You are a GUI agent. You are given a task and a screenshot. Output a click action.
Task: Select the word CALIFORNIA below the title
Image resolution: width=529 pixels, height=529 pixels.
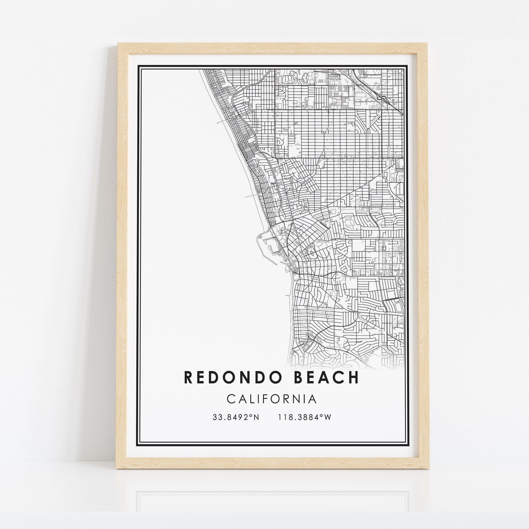tap(271, 399)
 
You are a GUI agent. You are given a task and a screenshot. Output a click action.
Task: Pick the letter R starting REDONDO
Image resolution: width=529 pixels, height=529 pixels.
tap(188, 377)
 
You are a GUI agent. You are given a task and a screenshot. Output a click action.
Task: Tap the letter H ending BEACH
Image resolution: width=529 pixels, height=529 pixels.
tap(354, 377)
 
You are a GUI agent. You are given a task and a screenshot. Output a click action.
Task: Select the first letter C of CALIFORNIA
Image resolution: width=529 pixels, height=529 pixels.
tap(231, 399)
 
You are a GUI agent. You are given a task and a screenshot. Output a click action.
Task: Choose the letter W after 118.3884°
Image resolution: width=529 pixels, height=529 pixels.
tap(328, 417)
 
